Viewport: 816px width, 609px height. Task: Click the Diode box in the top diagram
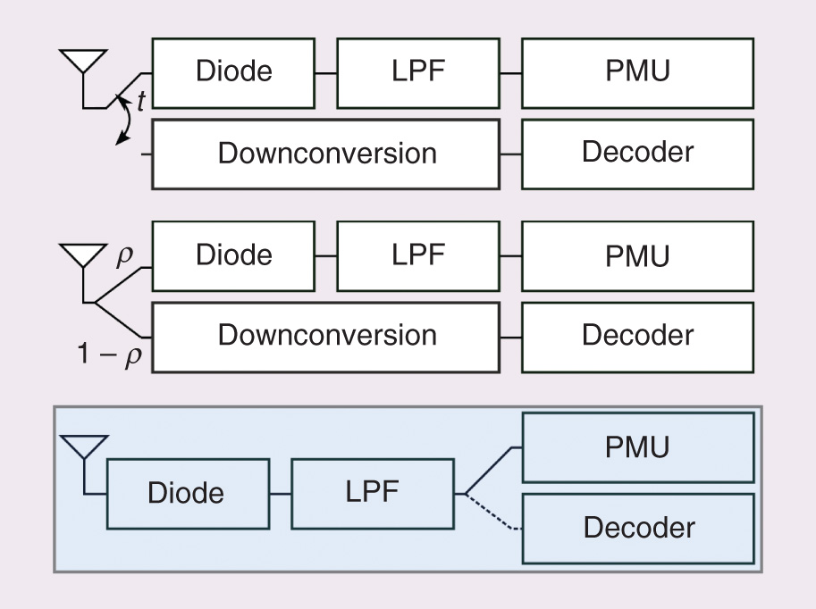[x=233, y=72]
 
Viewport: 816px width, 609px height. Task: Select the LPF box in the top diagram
[x=417, y=72]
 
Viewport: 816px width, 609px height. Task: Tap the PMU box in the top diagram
[x=636, y=72]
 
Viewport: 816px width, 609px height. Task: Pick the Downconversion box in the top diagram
[x=326, y=154]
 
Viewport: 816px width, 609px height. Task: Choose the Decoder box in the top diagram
[x=636, y=154]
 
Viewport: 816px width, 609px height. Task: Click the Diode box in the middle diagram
[x=233, y=255]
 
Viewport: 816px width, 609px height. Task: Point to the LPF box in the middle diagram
[x=417, y=255]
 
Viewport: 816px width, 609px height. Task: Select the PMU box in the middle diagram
[x=636, y=255]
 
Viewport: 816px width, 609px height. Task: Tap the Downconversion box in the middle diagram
[x=326, y=337]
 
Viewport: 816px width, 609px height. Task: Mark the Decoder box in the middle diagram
[x=636, y=337]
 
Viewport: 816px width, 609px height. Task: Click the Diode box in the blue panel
[x=186, y=494]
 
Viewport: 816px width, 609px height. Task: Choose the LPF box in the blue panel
[x=372, y=494]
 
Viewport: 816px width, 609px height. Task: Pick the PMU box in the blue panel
[x=636, y=446]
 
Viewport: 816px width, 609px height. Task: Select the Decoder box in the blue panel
[x=636, y=528]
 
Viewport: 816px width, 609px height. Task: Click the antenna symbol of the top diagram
[x=83, y=63]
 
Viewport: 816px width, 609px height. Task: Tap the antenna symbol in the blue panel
[x=83, y=446]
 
